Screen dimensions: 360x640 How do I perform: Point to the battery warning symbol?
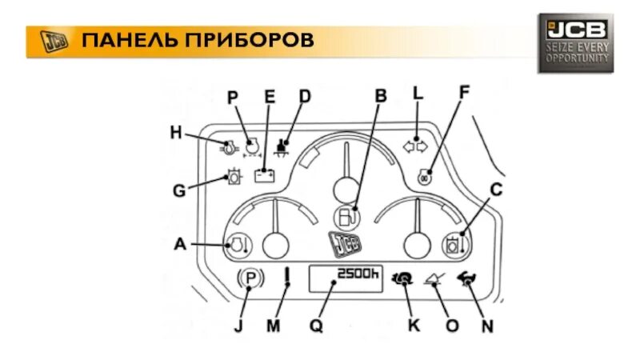pos(266,174)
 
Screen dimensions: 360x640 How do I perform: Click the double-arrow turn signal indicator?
pos(414,146)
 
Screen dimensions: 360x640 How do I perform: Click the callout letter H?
pos(176,132)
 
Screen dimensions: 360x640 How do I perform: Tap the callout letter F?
pos(463,92)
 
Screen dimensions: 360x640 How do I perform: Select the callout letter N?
pos(487,326)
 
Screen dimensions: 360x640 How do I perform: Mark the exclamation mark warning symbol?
pos(286,279)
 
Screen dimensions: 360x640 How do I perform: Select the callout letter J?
pos(238,326)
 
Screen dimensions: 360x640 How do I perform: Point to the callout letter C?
pos(495,190)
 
